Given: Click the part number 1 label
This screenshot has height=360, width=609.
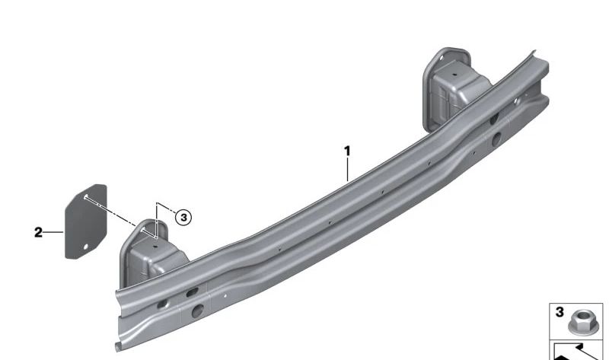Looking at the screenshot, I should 348,151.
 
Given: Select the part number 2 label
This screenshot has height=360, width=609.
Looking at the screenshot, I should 38,232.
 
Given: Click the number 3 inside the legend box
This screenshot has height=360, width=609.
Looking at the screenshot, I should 559,313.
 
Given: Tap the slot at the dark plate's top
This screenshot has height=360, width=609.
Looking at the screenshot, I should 88,196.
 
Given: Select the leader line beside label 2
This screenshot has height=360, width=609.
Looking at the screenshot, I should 53,232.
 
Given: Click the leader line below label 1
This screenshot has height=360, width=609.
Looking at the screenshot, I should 348,169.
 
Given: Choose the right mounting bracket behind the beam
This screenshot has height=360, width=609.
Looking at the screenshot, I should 449,84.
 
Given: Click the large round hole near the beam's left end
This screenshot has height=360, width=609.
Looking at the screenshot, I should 197,310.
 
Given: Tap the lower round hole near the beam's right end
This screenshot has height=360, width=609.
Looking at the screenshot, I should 496,139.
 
